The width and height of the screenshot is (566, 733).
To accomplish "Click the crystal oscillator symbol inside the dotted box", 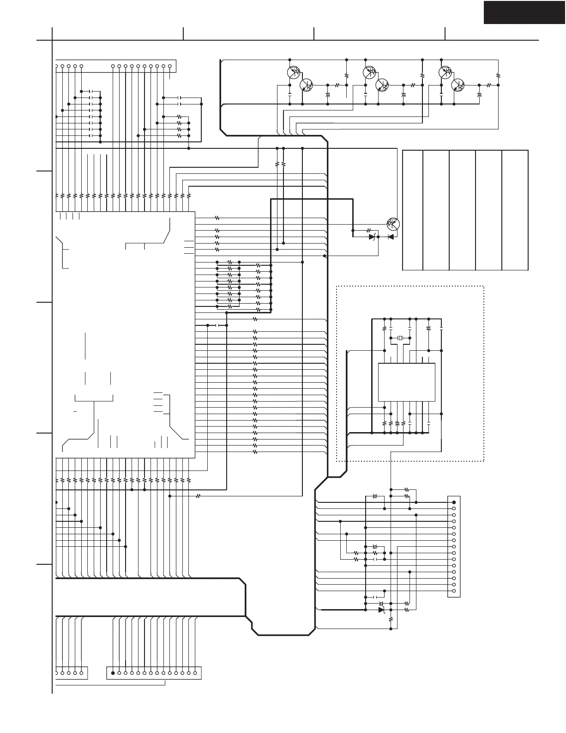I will tap(400, 338).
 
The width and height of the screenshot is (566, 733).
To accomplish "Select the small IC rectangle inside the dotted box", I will tap(406, 382).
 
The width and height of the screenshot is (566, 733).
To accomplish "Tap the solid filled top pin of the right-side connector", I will tap(454, 502).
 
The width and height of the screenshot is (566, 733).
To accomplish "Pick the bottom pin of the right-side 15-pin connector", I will tap(454, 591).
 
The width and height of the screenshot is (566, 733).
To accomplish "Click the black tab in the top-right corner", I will tap(524, 12).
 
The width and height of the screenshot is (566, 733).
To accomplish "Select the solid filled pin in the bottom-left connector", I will tap(113, 673).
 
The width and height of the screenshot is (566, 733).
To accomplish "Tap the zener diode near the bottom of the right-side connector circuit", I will tap(381, 610).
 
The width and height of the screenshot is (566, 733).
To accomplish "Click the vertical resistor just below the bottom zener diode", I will tap(391, 619).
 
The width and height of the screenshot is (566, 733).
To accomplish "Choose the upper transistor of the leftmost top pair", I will tap(293, 72).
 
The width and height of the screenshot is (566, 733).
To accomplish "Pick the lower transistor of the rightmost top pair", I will tap(458, 86).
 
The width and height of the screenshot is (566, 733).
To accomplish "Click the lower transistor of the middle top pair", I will tap(382, 86).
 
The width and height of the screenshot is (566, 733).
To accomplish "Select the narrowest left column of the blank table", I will tap(413, 210).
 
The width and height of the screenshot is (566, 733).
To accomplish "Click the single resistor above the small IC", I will tap(385, 329).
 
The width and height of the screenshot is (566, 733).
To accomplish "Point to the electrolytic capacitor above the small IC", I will tap(429, 328).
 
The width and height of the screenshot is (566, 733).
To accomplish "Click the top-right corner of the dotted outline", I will tap(483, 287).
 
